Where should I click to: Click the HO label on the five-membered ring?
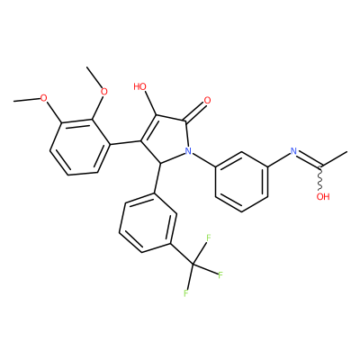(x=139, y=87)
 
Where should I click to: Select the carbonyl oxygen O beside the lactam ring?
(x=207, y=101)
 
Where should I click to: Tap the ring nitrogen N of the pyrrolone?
(x=188, y=151)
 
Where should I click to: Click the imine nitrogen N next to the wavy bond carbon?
(x=293, y=151)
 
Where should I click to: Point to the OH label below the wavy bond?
(x=323, y=197)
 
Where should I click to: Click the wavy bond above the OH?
(x=321, y=177)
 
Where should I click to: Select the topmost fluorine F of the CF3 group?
(x=208, y=238)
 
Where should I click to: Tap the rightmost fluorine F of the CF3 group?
(x=220, y=274)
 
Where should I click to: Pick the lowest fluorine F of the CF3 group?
(x=186, y=293)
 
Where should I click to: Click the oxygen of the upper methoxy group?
(x=103, y=92)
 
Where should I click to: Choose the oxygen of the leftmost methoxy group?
(x=44, y=98)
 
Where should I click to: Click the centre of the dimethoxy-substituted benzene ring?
(x=80, y=147)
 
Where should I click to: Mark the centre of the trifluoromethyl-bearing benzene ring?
(x=148, y=222)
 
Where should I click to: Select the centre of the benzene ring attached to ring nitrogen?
(x=241, y=182)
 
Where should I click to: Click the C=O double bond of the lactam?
(x=195, y=112)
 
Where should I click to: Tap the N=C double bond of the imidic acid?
(x=309, y=159)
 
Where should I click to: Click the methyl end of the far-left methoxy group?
(x=13, y=102)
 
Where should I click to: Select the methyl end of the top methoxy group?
(x=87, y=67)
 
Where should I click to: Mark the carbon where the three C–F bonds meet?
(x=193, y=265)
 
